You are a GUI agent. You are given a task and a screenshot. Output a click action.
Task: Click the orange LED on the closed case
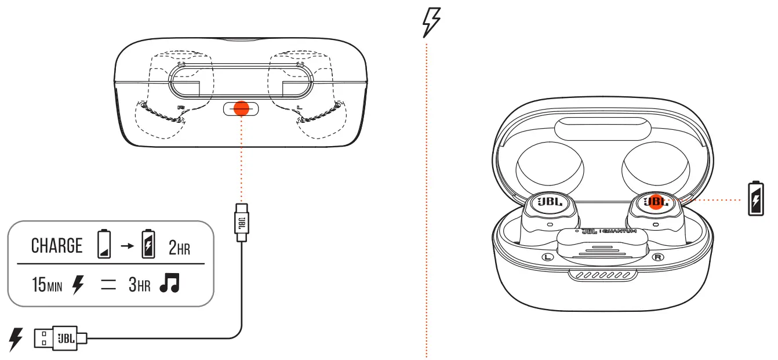241,108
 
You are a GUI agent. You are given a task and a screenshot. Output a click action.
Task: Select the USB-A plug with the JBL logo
60,337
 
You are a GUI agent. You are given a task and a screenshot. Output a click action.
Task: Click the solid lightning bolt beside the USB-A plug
16,339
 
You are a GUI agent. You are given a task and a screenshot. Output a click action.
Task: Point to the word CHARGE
57,246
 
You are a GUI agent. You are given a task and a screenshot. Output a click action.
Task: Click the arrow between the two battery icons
125,246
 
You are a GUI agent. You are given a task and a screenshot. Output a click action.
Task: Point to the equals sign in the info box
108,285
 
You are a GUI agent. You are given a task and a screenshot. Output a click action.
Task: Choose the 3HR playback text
140,285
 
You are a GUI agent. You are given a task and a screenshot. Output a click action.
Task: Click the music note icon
170,283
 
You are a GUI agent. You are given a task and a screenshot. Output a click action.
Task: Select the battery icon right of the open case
756,199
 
